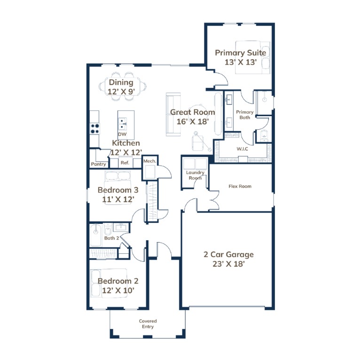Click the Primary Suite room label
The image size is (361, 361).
coord(240,53)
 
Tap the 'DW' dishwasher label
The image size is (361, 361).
coord(122,134)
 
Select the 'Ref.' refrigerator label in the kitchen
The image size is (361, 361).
coord(125,163)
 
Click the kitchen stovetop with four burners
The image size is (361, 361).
coord(94,129)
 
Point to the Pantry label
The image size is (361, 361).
coord(98,164)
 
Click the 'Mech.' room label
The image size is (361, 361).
coord(149,161)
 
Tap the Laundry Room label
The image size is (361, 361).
coord(195,175)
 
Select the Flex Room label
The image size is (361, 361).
coord(240,186)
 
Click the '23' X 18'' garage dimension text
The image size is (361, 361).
coord(228,264)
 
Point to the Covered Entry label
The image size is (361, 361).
coord(148,324)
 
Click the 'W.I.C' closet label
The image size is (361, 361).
coord(242,149)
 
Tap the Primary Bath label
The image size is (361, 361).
coord(245,115)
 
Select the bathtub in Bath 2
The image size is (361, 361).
coord(95,235)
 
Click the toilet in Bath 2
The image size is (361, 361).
coord(108,229)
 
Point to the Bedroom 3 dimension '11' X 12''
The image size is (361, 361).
coord(118,199)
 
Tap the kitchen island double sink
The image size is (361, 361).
coord(122,124)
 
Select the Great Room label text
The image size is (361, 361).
coord(192,112)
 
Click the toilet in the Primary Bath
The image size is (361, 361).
coord(264,135)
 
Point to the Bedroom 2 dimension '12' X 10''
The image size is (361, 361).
coord(118,290)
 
